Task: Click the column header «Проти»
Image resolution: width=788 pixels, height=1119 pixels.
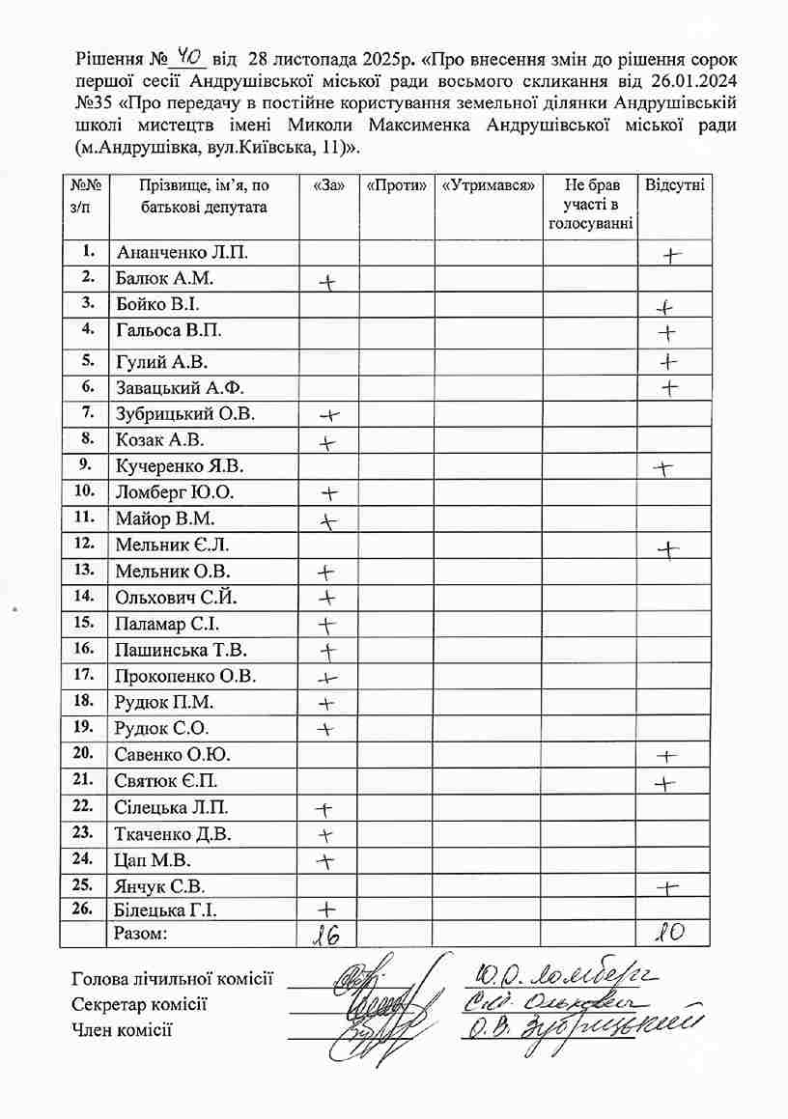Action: click(396, 184)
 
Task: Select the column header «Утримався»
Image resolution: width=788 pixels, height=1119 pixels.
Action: click(487, 184)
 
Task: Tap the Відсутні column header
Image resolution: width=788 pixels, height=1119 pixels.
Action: click(673, 184)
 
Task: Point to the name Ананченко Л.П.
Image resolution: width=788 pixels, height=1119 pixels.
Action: click(182, 253)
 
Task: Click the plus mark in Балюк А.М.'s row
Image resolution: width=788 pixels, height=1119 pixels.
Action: click(328, 282)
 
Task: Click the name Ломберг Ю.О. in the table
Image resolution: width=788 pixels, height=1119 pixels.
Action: click(174, 492)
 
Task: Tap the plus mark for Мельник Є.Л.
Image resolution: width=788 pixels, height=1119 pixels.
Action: click(668, 549)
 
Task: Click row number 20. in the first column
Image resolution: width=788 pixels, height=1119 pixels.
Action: click(83, 753)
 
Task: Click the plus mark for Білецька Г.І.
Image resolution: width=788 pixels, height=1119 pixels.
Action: click(326, 909)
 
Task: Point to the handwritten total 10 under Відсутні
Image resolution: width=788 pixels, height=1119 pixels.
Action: click(670, 934)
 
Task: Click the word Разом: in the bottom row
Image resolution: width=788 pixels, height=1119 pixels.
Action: click(141, 934)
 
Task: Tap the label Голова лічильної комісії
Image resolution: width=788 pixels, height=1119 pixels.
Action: click(172, 979)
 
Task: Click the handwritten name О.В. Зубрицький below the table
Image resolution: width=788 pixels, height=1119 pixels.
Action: click(579, 1029)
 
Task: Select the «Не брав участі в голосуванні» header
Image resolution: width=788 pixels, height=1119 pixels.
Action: click(589, 204)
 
